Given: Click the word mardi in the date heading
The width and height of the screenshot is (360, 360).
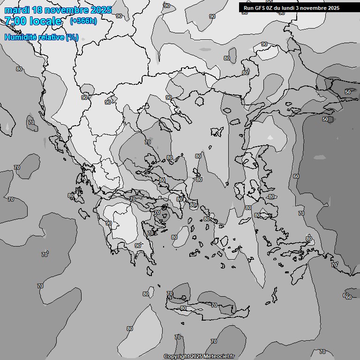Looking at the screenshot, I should [x=17, y=10].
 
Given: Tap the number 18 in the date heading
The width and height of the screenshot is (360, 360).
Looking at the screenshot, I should [x=39, y=10].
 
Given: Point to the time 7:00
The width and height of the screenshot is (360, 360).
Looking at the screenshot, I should [x=15, y=21].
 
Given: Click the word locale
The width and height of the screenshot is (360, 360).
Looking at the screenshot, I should [x=45, y=21].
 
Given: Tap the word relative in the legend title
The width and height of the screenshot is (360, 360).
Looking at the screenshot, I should [x=51, y=37].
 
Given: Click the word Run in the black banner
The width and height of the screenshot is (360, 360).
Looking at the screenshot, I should [x=249, y=7].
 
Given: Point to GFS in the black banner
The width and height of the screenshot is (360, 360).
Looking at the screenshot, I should [x=260, y=7].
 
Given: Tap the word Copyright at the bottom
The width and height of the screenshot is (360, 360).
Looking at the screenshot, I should [x=176, y=357].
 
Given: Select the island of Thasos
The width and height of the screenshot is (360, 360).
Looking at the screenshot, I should [x=199, y=101].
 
